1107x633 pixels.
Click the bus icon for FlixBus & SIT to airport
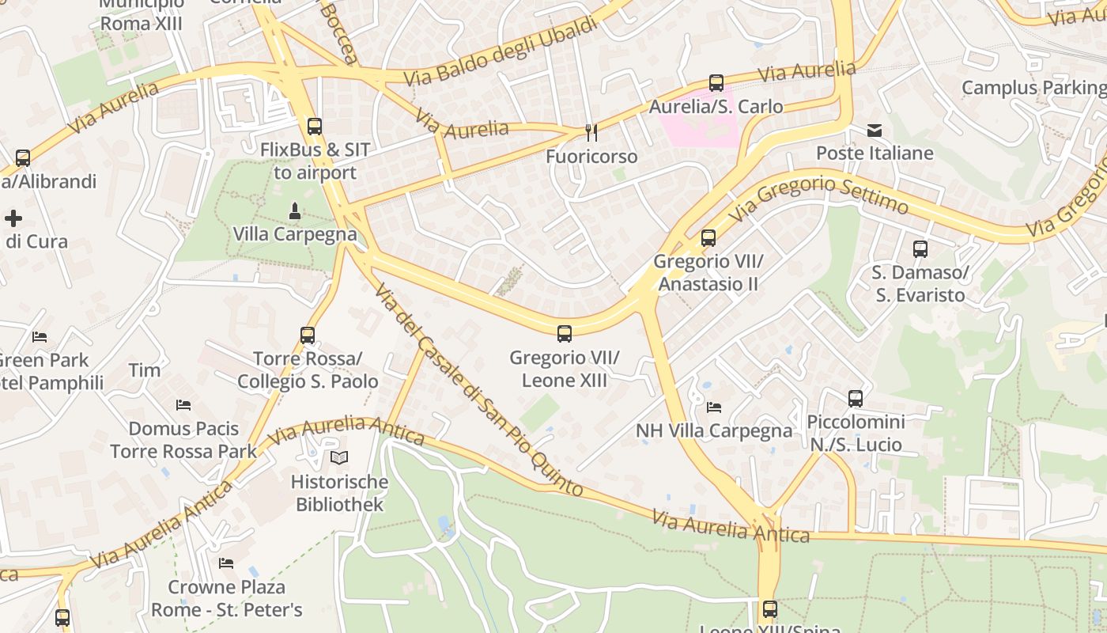[315, 126]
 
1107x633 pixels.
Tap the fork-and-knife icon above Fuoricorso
[591, 132]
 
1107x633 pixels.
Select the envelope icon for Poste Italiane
[875, 131]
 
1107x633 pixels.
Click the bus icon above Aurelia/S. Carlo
[716, 82]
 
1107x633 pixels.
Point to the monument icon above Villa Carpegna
[295, 210]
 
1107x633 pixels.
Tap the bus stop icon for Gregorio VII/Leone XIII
[565, 334]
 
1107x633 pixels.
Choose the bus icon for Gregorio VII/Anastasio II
[708, 237]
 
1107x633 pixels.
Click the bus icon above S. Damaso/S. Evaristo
[920, 249]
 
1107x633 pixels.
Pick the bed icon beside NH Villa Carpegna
[714, 407]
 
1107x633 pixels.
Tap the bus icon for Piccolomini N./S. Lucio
[856, 399]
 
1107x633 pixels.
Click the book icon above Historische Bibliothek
[339, 457]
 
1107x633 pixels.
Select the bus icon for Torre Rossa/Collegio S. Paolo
[308, 335]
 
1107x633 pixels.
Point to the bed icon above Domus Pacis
[183, 405]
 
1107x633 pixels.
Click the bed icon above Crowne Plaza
[226, 563]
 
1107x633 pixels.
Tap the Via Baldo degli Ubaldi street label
[501, 52]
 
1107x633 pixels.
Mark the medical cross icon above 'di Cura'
[13, 218]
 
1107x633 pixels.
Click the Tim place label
[145, 370]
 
